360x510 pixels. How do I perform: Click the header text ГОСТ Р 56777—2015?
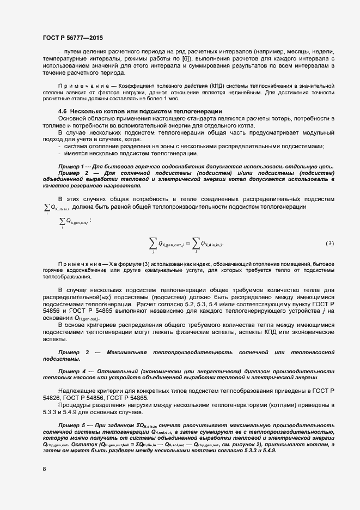pos(72,38)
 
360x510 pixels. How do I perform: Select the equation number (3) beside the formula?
pos(330,243)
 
